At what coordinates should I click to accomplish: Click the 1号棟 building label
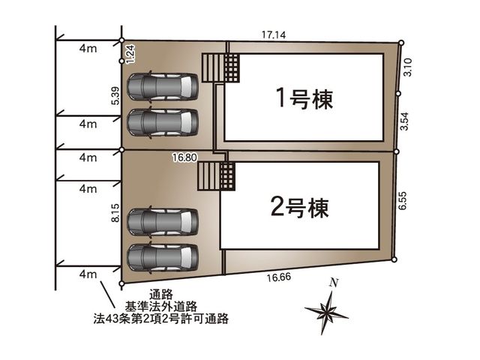point(304,98)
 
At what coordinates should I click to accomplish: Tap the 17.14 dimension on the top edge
point(274,35)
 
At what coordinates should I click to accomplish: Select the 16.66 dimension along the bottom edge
point(278,277)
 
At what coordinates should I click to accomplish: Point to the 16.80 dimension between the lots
point(184,157)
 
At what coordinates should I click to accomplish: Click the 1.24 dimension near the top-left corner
point(130,54)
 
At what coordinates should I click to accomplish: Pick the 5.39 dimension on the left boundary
point(115,95)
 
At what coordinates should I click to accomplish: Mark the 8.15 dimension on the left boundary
point(115,213)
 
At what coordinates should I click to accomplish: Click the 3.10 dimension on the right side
point(408,67)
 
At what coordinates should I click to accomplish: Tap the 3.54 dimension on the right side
point(405,121)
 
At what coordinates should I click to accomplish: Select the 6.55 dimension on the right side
point(403,200)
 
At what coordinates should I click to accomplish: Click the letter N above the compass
point(334,283)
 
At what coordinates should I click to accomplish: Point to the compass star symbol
point(327,313)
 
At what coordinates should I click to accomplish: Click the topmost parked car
point(163,87)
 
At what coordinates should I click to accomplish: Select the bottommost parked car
point(163,257)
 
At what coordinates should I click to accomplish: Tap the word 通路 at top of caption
point(161,295)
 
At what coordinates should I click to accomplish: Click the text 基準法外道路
point(160,306)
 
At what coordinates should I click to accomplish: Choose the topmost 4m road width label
point(88,48)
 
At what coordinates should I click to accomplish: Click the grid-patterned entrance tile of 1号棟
point(232,68)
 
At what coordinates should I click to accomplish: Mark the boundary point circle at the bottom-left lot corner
point(121,284)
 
